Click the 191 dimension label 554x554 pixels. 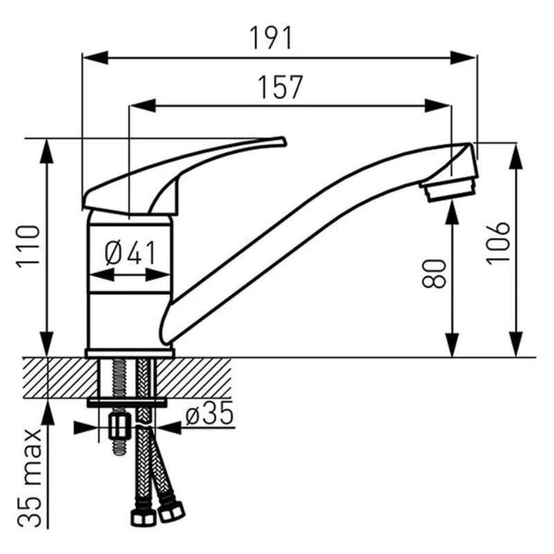(x=271, y=38)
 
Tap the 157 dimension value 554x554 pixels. (x=280, y=87)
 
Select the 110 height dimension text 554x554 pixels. (x=28, y=247)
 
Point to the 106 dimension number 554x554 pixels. (x=497, y=243)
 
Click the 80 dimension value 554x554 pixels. (x=434, y=274)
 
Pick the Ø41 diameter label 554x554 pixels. (x=130, y=253)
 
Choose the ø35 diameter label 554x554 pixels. (x=210, y=413)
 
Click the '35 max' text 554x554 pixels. (x=30, y=479)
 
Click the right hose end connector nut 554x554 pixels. (x=171, y=511)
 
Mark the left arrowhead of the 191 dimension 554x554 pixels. (x=95, y=57)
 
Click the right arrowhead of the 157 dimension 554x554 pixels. (x=438, y=106)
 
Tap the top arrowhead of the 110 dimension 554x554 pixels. (x=46, y=151)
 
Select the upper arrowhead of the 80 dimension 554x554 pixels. (x=452, y=213)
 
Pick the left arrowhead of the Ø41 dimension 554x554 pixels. (x=102, y=275)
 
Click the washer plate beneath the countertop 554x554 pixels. (x=127, y=402)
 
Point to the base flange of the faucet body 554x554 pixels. (x=129, y=352)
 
